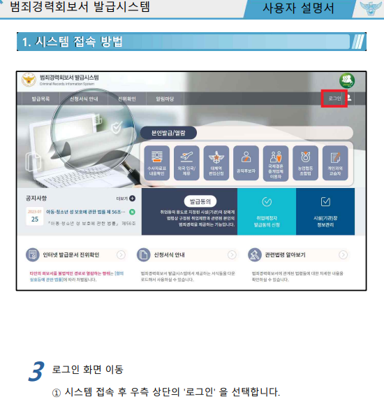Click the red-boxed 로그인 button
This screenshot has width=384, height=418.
pyautogui.click(x=334, y=99)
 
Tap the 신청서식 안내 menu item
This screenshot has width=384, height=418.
pyautogui.click(x=84, y=99)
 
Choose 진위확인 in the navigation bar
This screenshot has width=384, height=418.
pyautogui.click(x=127, y=99)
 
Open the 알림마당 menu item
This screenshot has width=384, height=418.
pyautogui.click(x=165, y=99)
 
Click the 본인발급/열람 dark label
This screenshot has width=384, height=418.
pyautogui.click(x=168, y=131)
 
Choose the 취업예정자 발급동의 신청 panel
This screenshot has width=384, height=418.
pyautogui.click(x=266, y=211)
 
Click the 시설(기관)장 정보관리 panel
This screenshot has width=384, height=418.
pyautogui.click(x=325, y=211)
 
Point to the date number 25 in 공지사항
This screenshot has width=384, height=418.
pyautogui.click(x=35, y=218)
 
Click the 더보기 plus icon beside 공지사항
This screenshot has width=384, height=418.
pyautogui.click(x=132, y=199)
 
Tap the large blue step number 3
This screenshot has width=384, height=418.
pyautogui.click(x=36, y=372)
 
